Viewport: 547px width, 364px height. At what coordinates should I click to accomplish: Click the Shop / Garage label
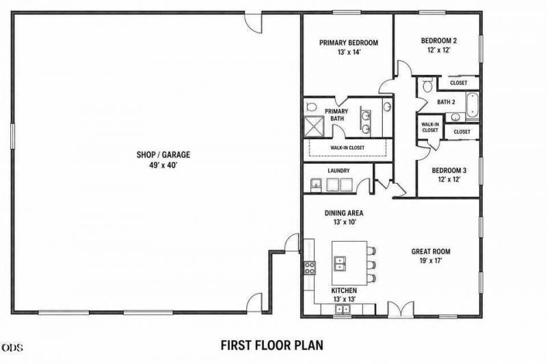163,154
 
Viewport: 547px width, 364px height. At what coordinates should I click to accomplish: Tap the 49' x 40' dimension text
163,165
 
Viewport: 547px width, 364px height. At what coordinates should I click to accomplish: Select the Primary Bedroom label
349,43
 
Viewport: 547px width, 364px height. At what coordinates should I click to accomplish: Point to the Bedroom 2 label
439,41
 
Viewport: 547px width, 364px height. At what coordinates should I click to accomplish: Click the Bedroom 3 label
449,171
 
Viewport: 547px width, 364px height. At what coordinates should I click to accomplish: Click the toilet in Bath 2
427,85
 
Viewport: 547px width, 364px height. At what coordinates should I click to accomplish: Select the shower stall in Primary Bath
315,127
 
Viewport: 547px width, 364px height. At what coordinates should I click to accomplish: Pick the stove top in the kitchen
310,268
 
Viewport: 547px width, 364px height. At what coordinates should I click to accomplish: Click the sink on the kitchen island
340,263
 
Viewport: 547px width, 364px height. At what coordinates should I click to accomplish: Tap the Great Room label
431,251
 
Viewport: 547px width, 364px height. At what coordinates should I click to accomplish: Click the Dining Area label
344,213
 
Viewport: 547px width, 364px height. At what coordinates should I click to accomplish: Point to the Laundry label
338,171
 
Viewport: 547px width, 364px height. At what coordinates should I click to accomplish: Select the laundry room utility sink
317,184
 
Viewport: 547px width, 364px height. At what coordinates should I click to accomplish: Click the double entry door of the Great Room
401,309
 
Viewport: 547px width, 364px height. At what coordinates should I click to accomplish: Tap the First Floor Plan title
272,345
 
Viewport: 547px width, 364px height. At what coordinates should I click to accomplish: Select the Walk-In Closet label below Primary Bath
347,148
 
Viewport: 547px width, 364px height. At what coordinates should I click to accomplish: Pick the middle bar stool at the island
371,264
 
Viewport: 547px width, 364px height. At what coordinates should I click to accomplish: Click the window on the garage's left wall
12,136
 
